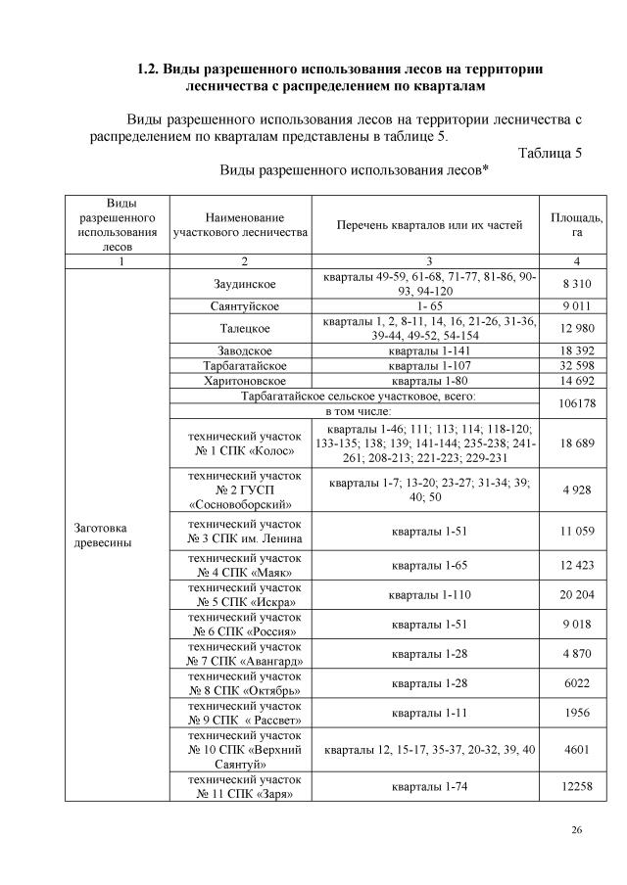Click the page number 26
coord(577,830)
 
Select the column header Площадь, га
coord(577,224)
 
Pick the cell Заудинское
coord(240,285)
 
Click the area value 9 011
coord(577,306)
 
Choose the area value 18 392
coord(577,349)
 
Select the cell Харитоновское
coord(240,381)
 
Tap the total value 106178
coord(577,403)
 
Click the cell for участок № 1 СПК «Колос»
coord(240,443)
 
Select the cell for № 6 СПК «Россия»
coord(240,625)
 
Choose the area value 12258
coord(577,786)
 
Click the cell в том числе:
coord(353,411)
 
